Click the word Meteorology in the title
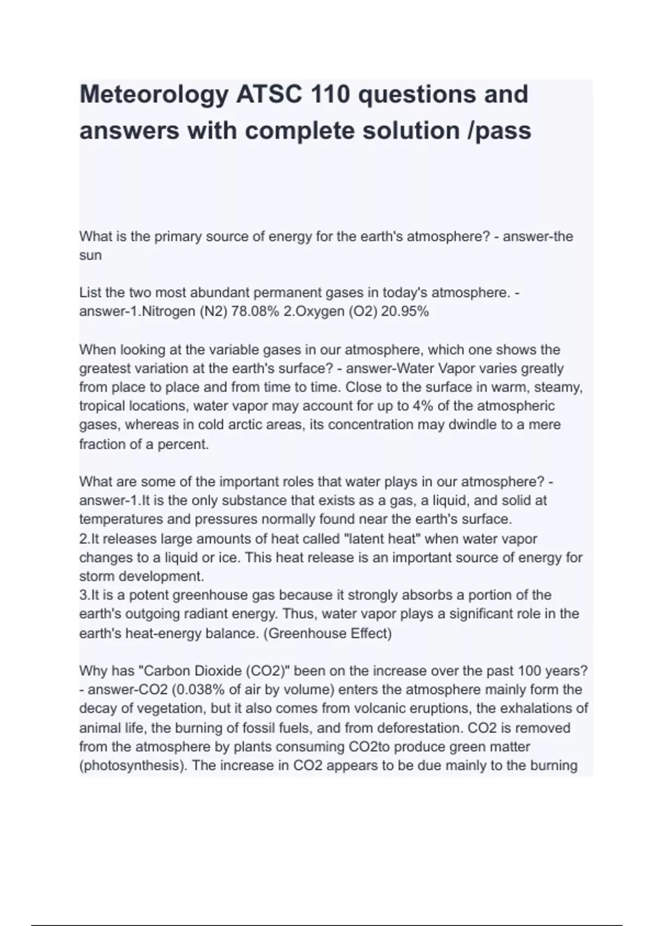point(154,95)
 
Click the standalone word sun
point(90,255)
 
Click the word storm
point(97,576)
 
